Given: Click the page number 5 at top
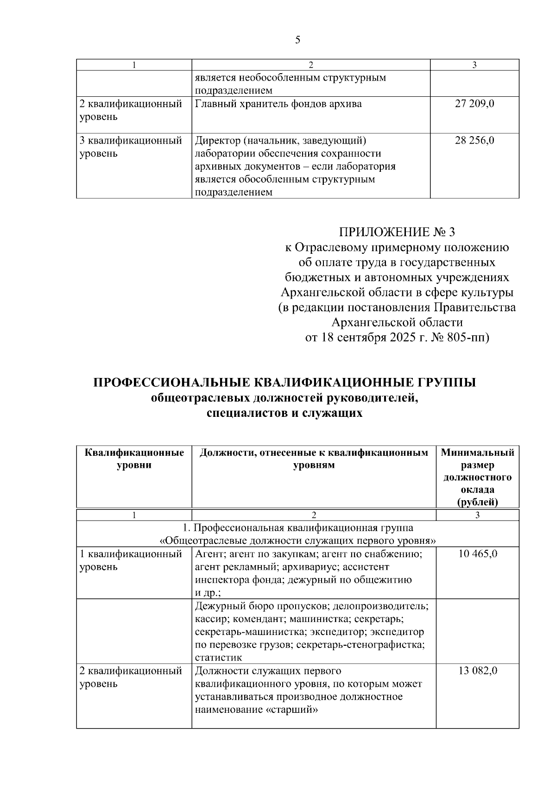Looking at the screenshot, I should click(297, 40).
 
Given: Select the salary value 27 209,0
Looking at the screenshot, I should click(474, 104).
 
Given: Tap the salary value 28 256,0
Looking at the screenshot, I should click(474, 140).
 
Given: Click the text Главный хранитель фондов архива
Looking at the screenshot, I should click(278, 104).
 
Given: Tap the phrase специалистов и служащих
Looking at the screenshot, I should click(284, 413).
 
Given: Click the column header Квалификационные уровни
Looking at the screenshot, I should click(134, 459).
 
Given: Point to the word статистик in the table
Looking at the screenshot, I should click(219, 657).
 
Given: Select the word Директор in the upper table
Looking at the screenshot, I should click(217, 140).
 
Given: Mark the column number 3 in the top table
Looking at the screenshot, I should click(474, 65).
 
